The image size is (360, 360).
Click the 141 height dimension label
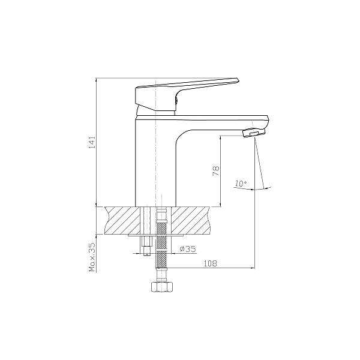pyautogui.click(x=92, y=142)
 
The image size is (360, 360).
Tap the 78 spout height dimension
pyautogui.click(x=216, y=171)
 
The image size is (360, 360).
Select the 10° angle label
pyautogui.click(x=241, y=183)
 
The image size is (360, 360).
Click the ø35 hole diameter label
pyautogui.click(x=188, y=248)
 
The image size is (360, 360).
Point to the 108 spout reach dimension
pyautogui.click(x=211, y=263)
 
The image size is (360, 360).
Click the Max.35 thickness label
pyautogui.click(x=92, y=257)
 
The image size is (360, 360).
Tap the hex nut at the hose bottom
pyautogui.click(x=161, y=287)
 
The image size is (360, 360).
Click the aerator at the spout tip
pyautogui.click(x=254, y=133)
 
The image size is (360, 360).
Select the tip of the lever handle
pyautogui.click(x=239, y=80)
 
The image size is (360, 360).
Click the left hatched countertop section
pyautogui.click(x=122, y=221)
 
